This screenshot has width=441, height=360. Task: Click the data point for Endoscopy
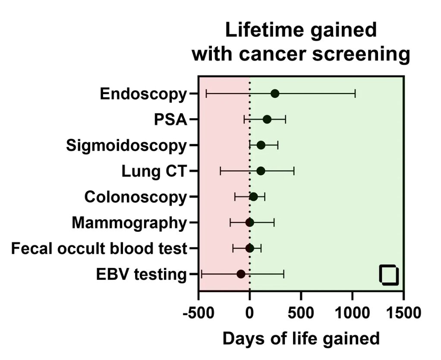coord(275,94)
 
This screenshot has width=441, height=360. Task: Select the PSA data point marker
coord(267,120)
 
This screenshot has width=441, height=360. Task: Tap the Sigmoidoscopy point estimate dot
coord(261,145)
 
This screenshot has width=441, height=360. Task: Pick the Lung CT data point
coord(261,171)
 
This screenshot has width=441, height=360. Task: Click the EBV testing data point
coord(241,274)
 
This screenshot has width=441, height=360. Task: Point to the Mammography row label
coord(129,223)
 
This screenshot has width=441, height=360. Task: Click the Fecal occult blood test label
coord(99,249)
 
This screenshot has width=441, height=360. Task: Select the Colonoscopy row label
coord(135,197)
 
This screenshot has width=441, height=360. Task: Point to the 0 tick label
coord(250,312)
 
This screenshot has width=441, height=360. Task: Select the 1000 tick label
coord(352,312)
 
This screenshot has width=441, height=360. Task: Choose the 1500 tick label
coord(403,312)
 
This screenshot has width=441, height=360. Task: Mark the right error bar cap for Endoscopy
coord(355,94)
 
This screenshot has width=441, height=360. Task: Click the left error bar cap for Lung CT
coord(220,171)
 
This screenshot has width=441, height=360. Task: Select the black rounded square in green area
coord(389,275)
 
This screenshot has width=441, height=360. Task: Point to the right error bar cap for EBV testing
coord(283,274)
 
